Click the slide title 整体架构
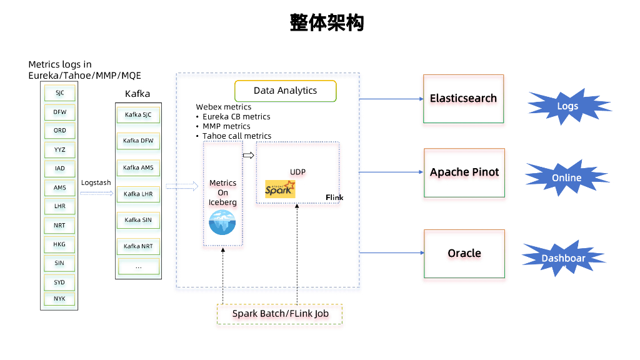326,23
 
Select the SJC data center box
59,93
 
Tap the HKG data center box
59,244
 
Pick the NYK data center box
59,299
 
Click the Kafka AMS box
138,167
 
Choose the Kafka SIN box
138,220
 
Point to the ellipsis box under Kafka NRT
138,266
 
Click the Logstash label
96,182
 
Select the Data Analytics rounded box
285,91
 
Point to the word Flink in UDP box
334,197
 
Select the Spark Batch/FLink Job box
279,314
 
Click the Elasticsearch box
463,99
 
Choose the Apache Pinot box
464,172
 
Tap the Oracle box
464,253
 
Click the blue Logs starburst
567,106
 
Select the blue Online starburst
566,178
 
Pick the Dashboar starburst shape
563,258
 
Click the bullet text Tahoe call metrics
237,136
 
